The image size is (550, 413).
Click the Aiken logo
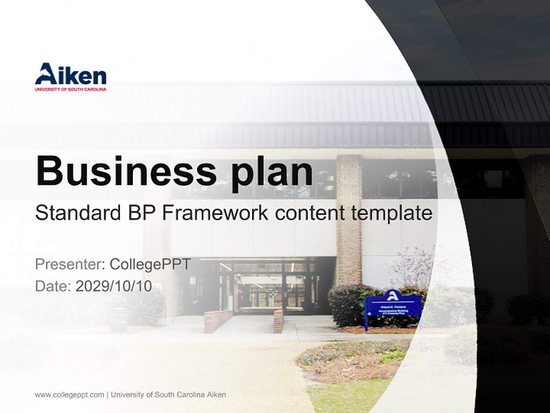coord(70,75)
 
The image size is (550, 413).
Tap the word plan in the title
coord(270,171)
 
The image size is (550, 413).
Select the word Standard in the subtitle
coord(76,213)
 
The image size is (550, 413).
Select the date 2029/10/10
coord(114,286)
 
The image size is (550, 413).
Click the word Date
coord(53,286)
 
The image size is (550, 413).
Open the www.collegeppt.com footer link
coord(69,395)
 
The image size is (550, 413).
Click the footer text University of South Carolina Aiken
coord(168,395)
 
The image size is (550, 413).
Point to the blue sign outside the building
coord(393,308)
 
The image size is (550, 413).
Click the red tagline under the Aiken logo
coord(70,89)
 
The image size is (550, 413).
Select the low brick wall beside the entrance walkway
coord(218,321)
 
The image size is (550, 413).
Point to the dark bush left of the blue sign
coord(346,304)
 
